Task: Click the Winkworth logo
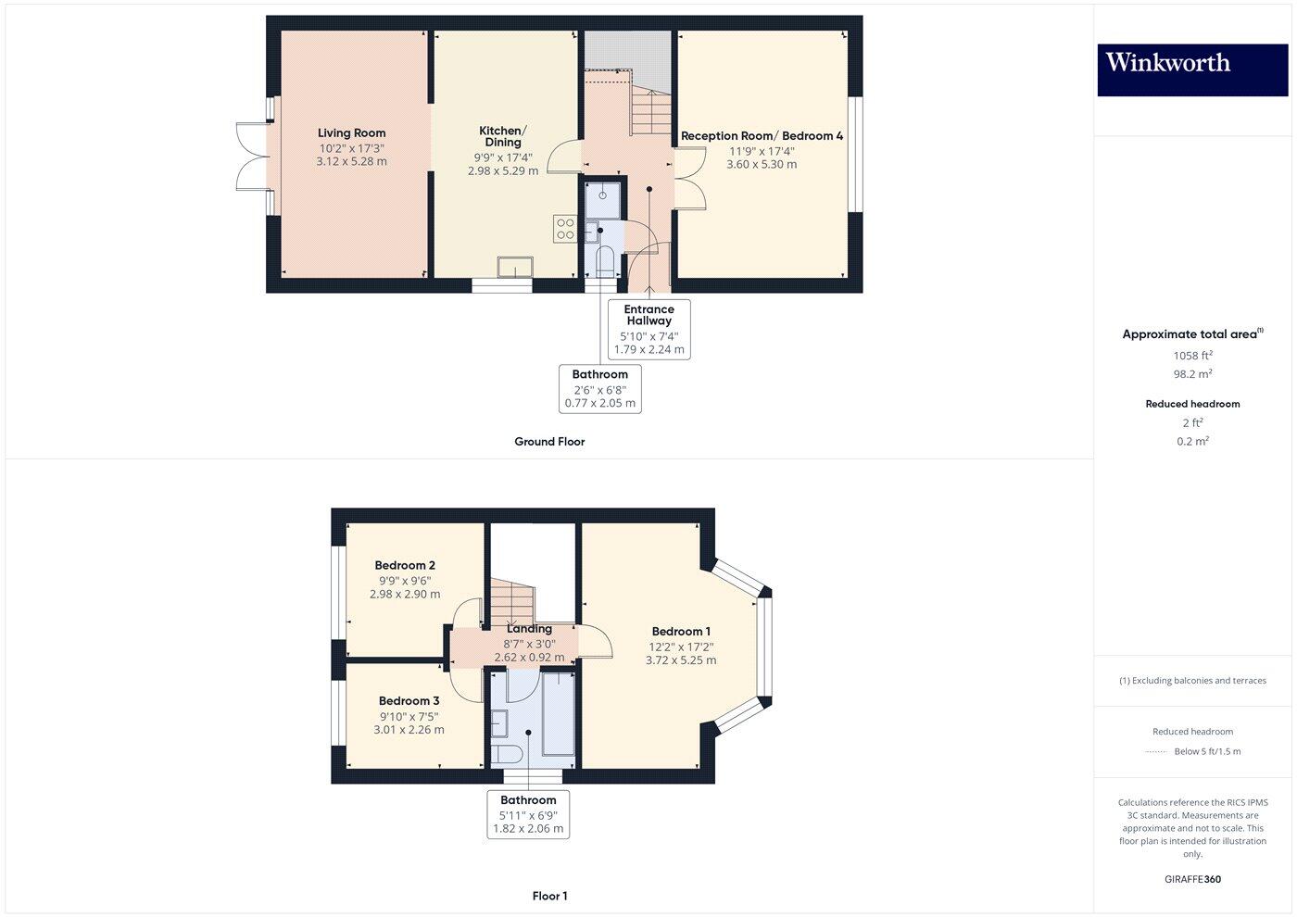(1191, 69)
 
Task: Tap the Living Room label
(351, 133)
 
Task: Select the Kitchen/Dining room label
(502, 136)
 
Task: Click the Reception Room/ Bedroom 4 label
(762, 136)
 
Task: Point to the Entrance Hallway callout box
(648, 329)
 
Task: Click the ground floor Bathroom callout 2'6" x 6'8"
(599, 388)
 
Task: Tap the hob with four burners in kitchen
(565, 229)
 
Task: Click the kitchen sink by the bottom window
(515, 267)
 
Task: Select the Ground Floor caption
(549, 442)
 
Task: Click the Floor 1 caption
(549, 896)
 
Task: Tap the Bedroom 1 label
(680, 632)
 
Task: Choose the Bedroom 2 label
(405, 565)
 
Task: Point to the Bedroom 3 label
(409, 701)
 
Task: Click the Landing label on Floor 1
(529, 629)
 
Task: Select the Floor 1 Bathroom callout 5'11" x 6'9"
(528, 814)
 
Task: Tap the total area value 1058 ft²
(1192, 356)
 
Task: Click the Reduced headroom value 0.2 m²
(1192, 442)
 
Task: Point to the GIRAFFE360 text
(1192, 879)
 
